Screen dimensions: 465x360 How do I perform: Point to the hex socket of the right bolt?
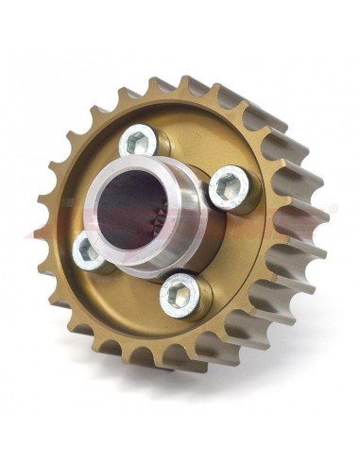click(x=226, y=188)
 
